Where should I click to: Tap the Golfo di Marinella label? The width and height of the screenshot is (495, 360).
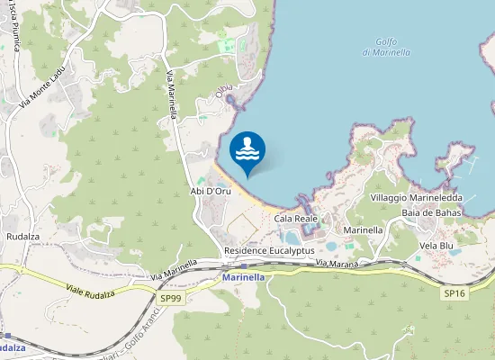386,46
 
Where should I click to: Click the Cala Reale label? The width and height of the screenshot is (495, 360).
295,219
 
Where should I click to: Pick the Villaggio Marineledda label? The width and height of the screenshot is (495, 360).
416,197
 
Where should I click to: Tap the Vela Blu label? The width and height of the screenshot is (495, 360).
436,244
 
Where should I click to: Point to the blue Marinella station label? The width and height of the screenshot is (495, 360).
243,277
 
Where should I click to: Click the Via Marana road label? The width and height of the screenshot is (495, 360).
337,263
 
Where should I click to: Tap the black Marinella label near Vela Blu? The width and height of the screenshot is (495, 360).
364,230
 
